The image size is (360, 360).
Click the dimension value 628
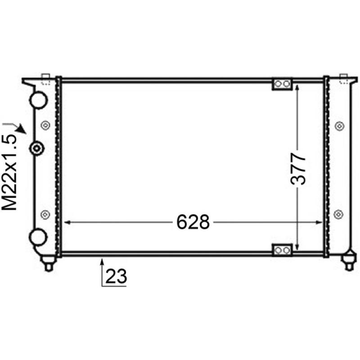pos(193,222)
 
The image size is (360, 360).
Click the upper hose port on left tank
pos(38,99)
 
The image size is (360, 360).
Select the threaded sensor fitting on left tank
pos(36,148)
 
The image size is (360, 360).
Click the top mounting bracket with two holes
pos(282,84)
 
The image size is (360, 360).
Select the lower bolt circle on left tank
pos(44,214)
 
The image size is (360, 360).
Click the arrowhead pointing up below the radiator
pos(102,260)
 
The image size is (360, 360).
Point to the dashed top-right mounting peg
pos(344,79)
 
